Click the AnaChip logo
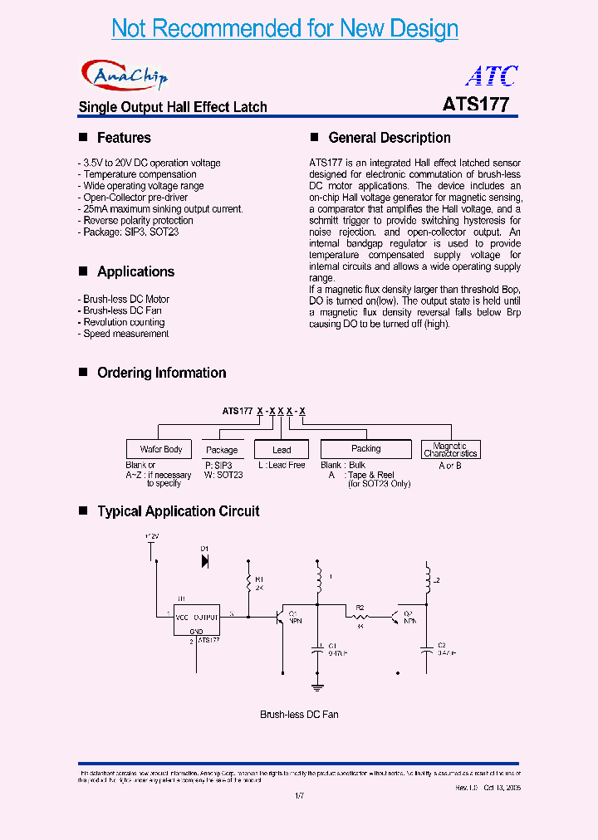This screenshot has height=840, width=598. pyautogui.click(x=125, y=76)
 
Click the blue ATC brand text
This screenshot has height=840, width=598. pyautogui.click(x=492, y=76)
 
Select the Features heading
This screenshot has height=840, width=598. pyautogui.click(x=124, y=138)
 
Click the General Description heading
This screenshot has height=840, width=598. pyautogui.click(x=390, y=138)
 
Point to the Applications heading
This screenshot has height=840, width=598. pyautogui.click(x=135, y=271)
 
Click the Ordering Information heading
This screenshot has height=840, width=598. pyautogui.click(x=161, y=373)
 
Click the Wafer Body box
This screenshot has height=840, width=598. pyautogui.click(x=161, y=449)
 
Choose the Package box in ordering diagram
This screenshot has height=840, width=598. pyautogui.click(x=222, y=450)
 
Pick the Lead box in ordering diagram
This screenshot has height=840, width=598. pyautogui.click(x=282, y=450)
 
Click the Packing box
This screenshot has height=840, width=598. pyautogui.click(x=365, y=449)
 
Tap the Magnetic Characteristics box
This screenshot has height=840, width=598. pyautogui.click(x=450, y=450)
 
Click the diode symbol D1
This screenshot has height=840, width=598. pyautogui.click(x=205, y=561)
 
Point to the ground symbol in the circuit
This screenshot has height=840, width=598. pyautogui.click(x=317, y=685)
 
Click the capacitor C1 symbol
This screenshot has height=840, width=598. pyautogui.click(x=317, y=651)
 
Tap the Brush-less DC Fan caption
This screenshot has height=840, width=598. pyautogui.click(x=299, y=715)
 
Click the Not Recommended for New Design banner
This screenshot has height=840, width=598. pyautogui.click(x=285, y=28)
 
